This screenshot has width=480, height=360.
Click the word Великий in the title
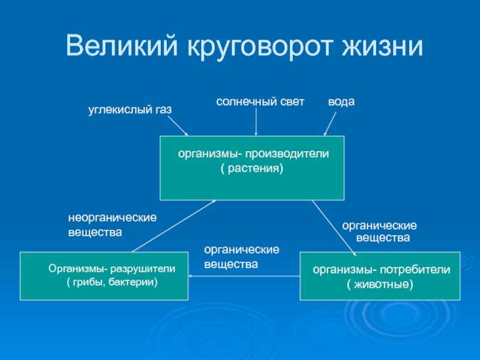coord(122,46)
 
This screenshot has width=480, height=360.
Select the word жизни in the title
coord(382,46)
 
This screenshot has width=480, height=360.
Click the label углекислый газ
coord(130,110)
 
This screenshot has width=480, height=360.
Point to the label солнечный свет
coord(260,102)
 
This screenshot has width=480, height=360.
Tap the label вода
coord(341,101)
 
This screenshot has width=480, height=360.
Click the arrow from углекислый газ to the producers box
coord(178,125)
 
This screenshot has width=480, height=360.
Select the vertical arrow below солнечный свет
coord(256,122)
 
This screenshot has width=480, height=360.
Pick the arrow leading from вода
coord(329,124)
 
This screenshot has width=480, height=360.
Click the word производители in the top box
coord(287,154)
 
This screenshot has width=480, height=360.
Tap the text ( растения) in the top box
coord(251,169)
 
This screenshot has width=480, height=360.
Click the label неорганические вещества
coord(112,225)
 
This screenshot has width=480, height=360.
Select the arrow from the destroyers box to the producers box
coord(174,226)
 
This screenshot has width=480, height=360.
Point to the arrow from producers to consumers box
coord(334,228)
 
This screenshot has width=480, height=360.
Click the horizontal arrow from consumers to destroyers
coord(244,276)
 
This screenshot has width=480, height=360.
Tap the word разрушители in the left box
coord(143,269)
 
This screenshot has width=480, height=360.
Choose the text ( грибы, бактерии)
coord(112,282)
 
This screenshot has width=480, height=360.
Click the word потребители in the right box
coord(415,269)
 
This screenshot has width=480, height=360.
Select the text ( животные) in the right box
coord(380,284)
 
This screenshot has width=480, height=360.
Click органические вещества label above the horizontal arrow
coord(242,257)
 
